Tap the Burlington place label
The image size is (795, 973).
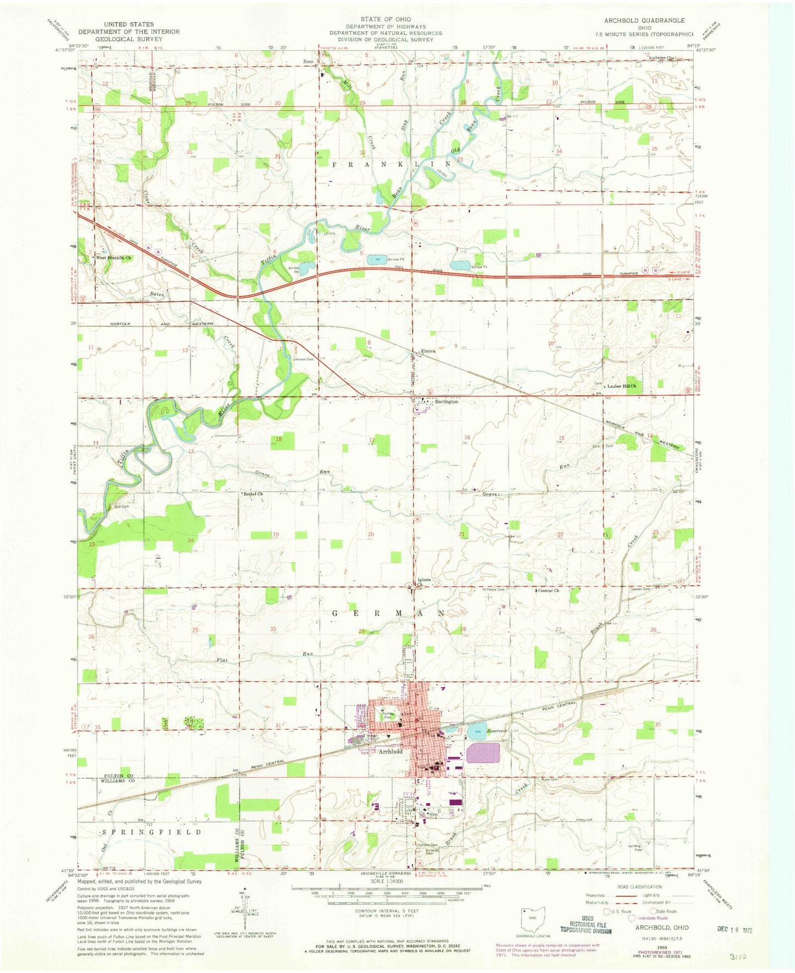pos(446,402)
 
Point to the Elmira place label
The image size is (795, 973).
pos(428,351)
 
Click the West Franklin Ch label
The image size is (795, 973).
pos(114,257)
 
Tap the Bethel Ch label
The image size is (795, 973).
pos(254,494)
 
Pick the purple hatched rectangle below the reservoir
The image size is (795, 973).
pos(483,752)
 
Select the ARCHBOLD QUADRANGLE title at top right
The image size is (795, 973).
pos(644,20)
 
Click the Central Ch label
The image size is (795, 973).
pos(549,591)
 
